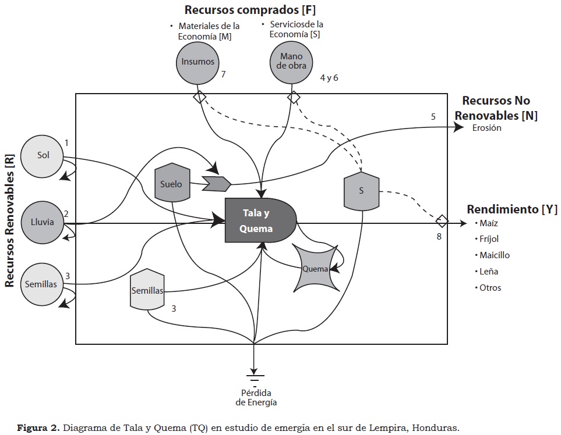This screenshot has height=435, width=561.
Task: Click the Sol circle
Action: (43, 156)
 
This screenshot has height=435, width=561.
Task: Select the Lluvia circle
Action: (43, 222)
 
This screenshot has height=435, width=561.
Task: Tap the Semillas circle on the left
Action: (41, 284)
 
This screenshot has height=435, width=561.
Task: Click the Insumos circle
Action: (197, 62)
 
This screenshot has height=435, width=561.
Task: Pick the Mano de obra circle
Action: (292, 62)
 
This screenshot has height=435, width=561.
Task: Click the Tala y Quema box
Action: (260, 221)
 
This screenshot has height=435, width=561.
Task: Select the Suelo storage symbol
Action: (172, 184)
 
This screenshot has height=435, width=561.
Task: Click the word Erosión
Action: (486, 129)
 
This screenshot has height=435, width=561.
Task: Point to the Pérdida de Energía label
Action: (256, 397)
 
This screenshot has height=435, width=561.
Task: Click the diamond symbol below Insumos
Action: (200, 96)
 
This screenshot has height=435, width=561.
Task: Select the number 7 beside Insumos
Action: (223, 74)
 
